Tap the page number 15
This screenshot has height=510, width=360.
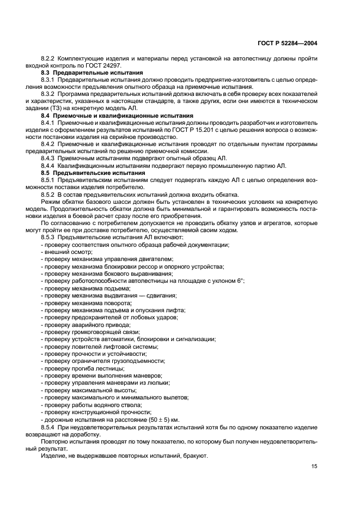click(314, 465)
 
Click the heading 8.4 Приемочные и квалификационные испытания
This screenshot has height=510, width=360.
click(116, 116)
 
